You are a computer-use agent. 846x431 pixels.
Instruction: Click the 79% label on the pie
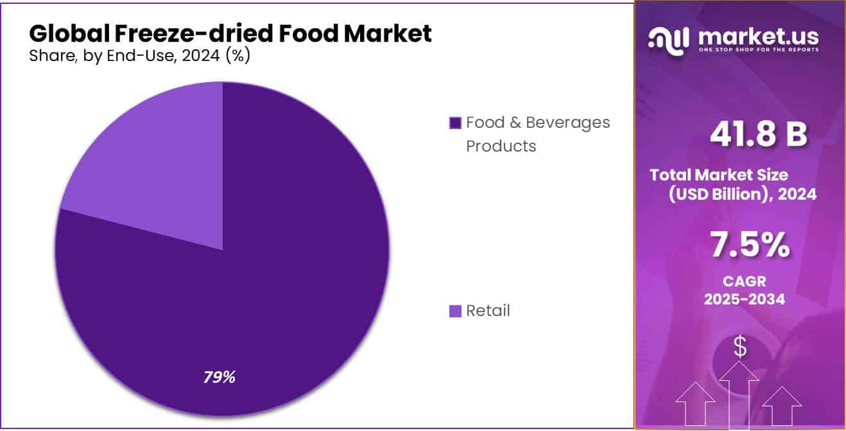tap(219, 377)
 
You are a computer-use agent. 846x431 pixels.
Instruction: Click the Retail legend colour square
tap(455, 312)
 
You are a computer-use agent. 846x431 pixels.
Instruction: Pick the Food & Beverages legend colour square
tap(455, 123)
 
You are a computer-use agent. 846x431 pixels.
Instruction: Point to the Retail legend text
tap(488, 311)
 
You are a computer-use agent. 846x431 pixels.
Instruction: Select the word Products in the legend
tap(501, 146)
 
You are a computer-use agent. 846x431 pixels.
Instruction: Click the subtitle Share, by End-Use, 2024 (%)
tap(139, 56)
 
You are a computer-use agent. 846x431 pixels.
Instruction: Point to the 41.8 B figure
tap(758, 134)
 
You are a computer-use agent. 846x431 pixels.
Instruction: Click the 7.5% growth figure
tap(749, 245)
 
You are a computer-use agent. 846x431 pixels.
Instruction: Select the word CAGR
tap(745, 281)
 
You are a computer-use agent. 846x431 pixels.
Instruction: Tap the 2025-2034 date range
tap(745, 299)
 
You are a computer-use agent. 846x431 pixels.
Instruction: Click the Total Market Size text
tap(718, 175)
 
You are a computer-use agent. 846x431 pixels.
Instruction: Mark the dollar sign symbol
tap(740, 347)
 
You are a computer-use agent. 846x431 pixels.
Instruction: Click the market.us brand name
tap(757, 37)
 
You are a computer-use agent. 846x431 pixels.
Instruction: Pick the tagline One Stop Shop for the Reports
tap(757, 50)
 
